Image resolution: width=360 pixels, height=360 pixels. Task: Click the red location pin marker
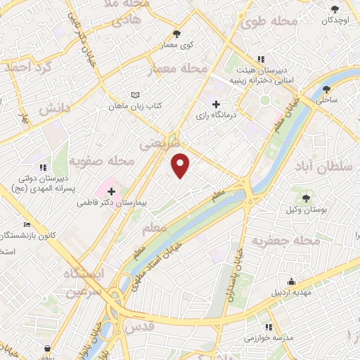click(181, 165)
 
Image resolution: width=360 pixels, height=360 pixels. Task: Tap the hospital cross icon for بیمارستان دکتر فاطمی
click(111, 191)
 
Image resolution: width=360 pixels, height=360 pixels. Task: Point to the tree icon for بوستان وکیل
click(307, 194)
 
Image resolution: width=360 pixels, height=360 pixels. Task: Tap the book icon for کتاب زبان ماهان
click(136, 95)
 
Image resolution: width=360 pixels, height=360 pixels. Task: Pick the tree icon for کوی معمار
click(176, 33)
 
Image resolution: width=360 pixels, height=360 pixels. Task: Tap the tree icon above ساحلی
click(327, 89)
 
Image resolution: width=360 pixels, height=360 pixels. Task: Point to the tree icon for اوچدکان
click(335, 9)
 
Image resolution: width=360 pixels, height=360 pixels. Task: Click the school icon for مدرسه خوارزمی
click(269, 327)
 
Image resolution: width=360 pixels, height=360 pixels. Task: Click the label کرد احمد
click(28, 68)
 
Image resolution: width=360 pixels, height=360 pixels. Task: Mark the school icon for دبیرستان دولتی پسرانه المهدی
click(43, 168)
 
